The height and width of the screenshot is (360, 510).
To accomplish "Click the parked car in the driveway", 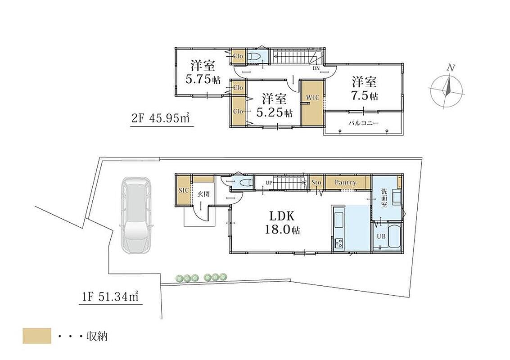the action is click(136, 215).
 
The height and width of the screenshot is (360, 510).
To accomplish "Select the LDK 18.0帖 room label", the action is click(282, 222).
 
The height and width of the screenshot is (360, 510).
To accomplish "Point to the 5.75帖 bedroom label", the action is click(203, 72).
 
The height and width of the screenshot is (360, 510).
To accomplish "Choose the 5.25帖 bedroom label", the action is click(274, 105).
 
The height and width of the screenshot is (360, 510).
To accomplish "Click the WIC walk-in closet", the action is click(312, 103).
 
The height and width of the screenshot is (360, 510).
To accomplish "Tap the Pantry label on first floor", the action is click(345, 182).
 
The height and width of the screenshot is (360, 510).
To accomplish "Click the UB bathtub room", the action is click(388, 236).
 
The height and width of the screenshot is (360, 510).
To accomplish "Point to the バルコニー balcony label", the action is click(363, 123).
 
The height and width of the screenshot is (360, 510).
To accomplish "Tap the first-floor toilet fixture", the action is click(246, 183).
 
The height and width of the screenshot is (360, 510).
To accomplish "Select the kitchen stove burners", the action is click(338, 243).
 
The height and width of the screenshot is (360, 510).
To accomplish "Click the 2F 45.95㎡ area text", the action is click(161, 118).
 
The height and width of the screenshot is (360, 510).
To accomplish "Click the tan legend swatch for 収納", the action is click(37, 336).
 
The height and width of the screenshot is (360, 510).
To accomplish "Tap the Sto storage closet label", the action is click(316, 182).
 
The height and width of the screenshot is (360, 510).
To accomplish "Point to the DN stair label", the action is click(316, 68).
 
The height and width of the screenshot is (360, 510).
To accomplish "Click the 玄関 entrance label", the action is click(203, 194).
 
